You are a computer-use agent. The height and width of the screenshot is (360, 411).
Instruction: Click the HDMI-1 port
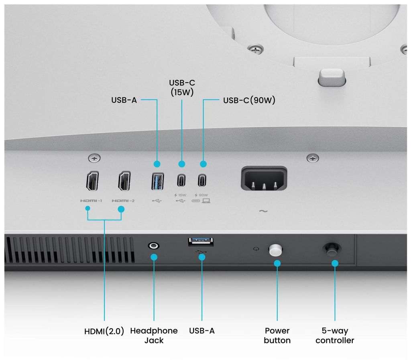tap(92, 181)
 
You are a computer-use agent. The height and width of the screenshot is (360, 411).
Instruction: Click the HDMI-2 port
tap(124, 181)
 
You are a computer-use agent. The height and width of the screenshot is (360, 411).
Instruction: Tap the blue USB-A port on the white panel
tap(157, 181)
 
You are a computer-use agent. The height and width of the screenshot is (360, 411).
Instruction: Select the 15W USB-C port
tap(181, 180)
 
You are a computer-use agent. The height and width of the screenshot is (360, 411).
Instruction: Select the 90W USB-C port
tap(202, 180)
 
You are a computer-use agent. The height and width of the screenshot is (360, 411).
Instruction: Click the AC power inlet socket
tap(264, 178)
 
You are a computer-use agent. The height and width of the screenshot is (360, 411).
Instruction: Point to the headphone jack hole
tap(154, 246)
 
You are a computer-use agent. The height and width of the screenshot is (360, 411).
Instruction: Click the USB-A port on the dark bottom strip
tap(201, 242)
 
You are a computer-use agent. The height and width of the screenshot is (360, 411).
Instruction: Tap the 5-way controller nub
tap(332, 249)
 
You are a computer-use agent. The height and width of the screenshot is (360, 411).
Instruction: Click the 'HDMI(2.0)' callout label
tap(104, 331)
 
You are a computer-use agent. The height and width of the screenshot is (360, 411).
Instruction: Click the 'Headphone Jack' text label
tap(154, 336)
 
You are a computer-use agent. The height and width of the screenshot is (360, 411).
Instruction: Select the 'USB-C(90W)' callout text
tap(249, 100)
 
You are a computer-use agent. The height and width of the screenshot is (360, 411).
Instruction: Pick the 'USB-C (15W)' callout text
tap(182, 87)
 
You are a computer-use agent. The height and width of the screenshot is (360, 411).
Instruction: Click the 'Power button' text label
tap(277, 336)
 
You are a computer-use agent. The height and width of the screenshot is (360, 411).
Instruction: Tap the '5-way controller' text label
tap(335, 336)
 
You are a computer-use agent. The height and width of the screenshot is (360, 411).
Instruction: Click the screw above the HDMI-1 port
tap(94, 158)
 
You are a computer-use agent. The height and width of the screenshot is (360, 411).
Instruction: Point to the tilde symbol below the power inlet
tap(263, 211)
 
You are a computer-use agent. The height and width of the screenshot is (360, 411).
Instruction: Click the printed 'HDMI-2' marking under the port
tap(123, 201)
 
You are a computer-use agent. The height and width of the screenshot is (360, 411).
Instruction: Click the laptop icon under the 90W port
tap(206, 201)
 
